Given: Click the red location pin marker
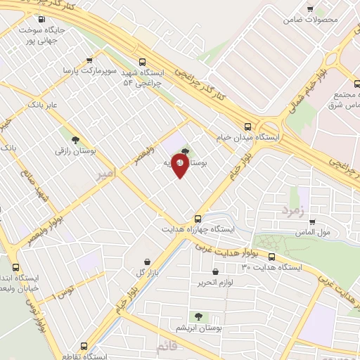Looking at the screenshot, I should [x=180, y=166].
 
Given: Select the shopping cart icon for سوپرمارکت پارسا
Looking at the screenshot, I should [x=89, y=61].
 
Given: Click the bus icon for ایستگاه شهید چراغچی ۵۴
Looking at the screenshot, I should [x=143, y=62].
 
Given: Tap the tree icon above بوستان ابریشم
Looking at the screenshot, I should [x=198, y=316].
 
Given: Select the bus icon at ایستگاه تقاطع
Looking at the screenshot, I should [x=84, y=346].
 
